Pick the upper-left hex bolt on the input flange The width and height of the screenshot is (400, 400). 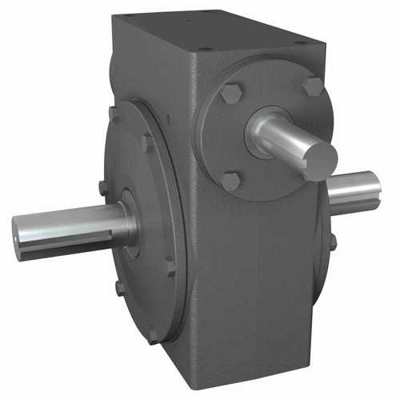[x=232, y=96]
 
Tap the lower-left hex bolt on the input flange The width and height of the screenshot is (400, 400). [x=230, y=181]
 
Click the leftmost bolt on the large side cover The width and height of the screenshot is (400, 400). [x=103, y=187]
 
